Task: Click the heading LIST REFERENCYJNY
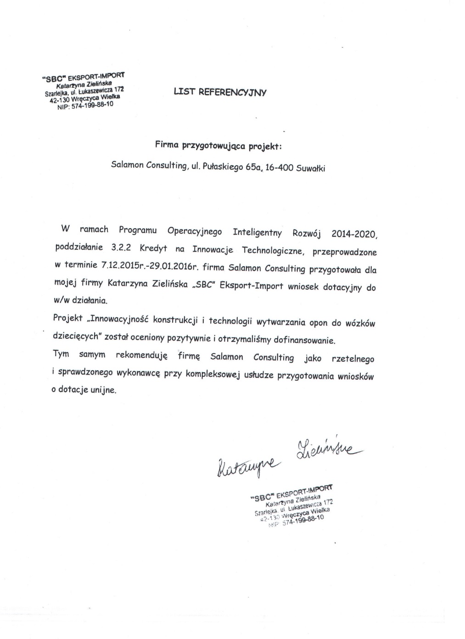(x=220, y=92)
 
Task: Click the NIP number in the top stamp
(x=92, y=105)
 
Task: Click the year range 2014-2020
(x=354, y=234)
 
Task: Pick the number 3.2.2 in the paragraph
(x=121, y=247)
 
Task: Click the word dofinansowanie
(x=304, y=341)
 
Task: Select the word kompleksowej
(x=213, y=374)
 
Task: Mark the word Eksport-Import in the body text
(x=252, y=286)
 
